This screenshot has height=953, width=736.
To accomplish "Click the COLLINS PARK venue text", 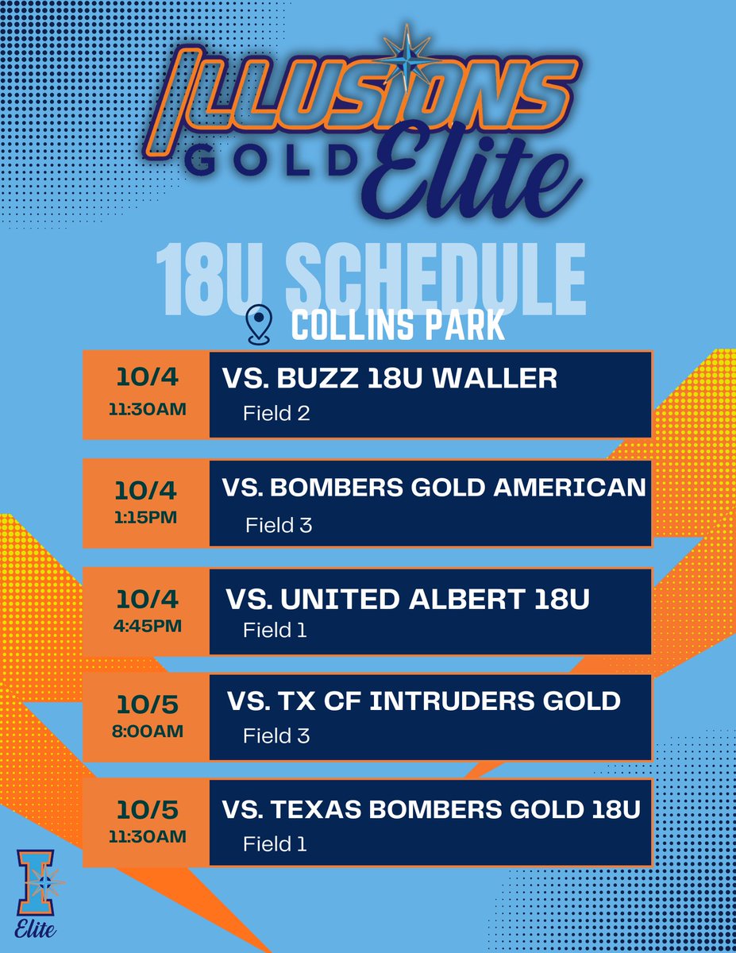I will pos(398,326).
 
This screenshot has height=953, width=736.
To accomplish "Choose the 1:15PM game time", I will pos(145,518).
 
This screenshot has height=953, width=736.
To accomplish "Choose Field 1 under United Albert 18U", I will pos(275,631).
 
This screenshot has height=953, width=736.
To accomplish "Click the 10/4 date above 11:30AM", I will pos(145,378).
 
